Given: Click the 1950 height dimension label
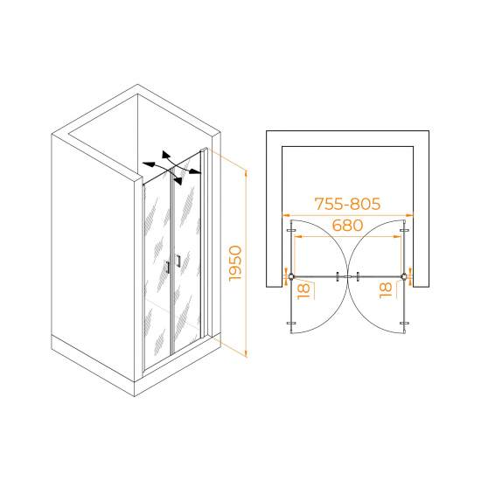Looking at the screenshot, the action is [x=235, y=263].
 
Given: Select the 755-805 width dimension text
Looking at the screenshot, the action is [x=347, y=204].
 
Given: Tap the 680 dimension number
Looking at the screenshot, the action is [x=347, y=226].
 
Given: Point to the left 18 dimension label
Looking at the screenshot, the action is [x=303, y=291].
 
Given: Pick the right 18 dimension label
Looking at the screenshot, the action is [x=386, y=290].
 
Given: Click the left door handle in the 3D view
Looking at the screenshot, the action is [x=168, y=267].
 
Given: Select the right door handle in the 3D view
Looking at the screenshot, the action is [x=178, y=261].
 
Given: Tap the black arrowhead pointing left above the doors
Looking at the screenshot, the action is [x=148, y=164].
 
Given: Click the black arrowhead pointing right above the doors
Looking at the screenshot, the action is [x=195, y=171].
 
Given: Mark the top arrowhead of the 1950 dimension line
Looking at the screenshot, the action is [x=246, y=173].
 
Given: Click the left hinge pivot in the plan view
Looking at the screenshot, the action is [x=291, y=276].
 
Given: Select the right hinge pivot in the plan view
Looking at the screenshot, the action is [x=404, y=276].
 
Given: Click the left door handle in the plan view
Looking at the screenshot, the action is [x=338, y=276].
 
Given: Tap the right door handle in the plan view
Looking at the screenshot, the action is [x=358, y=276].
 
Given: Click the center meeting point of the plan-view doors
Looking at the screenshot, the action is [x=347, y=276].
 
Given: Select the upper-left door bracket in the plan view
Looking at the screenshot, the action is [x=291, y=231].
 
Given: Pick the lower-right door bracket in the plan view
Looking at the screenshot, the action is [x=404, y=323].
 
